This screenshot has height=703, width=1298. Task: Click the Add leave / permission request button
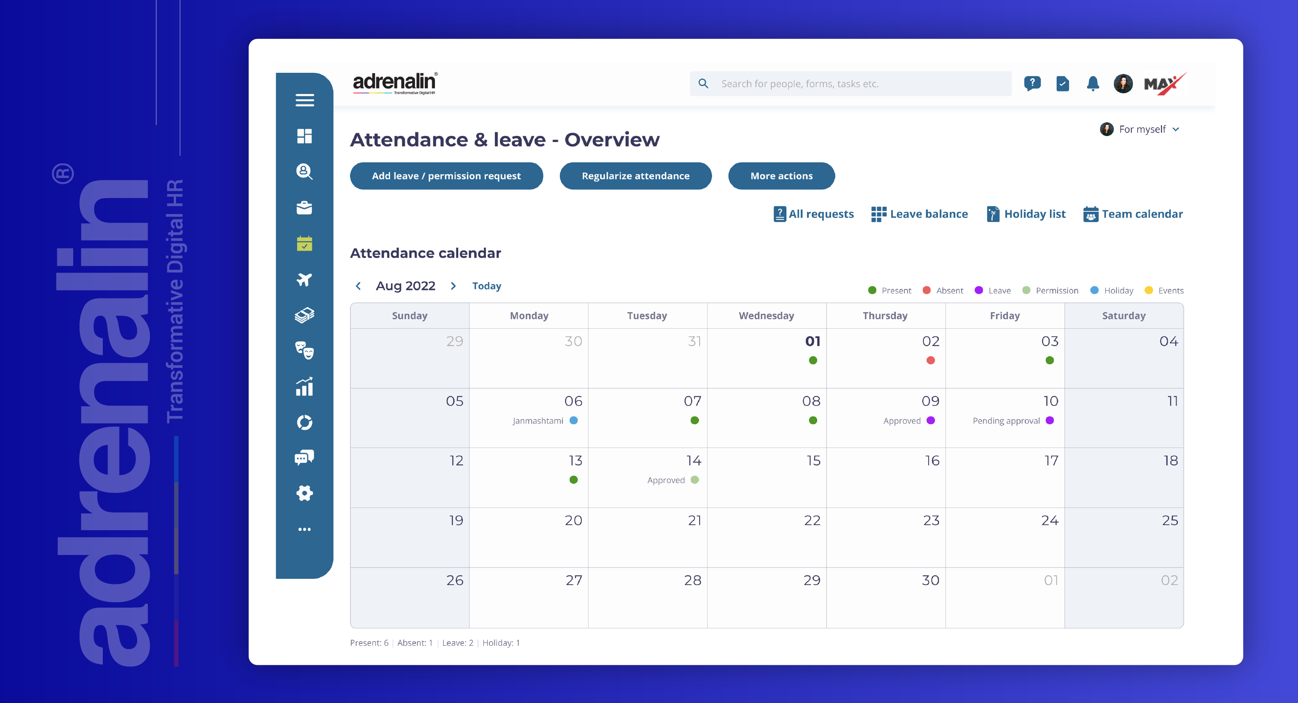[x=446, y=176]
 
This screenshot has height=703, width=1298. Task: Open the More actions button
[x=781, y=176]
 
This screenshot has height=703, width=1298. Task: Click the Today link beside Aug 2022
[x=486, y=286]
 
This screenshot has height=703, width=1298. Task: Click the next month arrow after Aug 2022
[x=453, y=286]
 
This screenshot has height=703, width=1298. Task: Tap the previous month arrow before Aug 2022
[x=358, y=286]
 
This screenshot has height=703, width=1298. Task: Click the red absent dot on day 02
[x=930, y=360]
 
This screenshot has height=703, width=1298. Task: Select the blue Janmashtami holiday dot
[x=573, y=420]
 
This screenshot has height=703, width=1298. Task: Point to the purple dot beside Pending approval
[x=1050, y=420]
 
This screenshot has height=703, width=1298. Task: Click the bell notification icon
[x=1092, y=84]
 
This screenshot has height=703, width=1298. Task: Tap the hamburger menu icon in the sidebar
[x=304, y=100]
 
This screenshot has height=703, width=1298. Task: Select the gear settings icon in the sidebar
[x=304, y=493]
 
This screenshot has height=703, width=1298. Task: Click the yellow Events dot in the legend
[x=1149, y=290]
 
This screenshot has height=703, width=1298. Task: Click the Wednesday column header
[x=766, y=316]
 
